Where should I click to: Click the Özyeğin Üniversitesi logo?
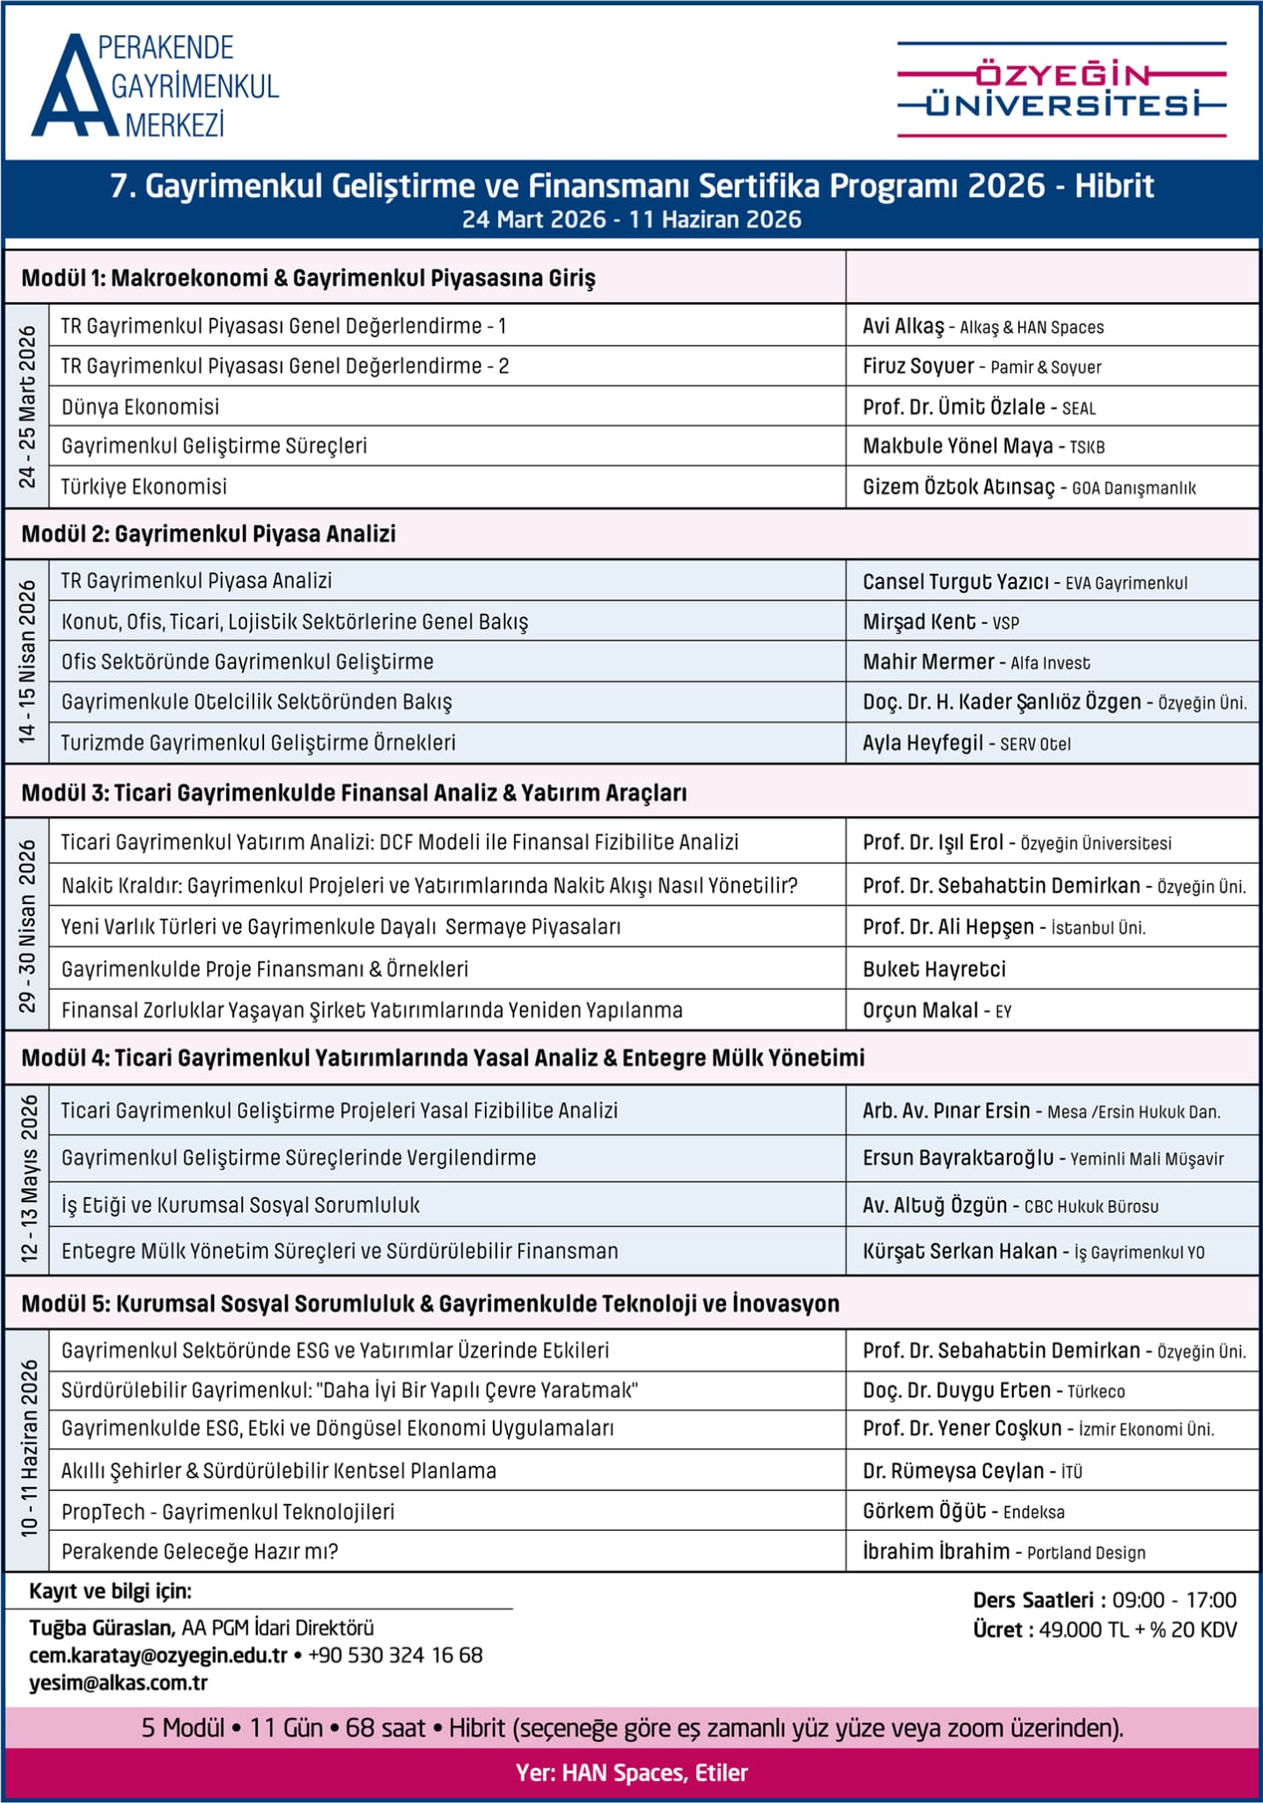(1061, 90)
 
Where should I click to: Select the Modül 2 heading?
(209, 534)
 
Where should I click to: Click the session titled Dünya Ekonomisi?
(140, 407)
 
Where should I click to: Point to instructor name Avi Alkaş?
(903, 327)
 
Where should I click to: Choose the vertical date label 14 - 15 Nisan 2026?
(27, 660)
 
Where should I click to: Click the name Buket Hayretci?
(934, 969)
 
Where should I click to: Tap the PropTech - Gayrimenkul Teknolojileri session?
(228, 1512)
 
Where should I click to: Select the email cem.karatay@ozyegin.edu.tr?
(158, 1655)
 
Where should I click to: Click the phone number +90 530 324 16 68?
(395, 1655)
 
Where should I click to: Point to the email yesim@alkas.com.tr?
(118, 1682)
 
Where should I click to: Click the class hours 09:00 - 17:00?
(1174, 1600)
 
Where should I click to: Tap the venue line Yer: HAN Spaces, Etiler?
(631, 1772)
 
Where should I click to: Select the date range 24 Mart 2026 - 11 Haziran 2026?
(631, 219)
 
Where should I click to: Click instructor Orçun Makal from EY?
(921, 1011)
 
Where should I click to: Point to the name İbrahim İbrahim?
(936, 1551)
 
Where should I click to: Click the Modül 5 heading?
(430, 1304)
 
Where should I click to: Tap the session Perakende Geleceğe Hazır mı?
(200, 1551)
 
